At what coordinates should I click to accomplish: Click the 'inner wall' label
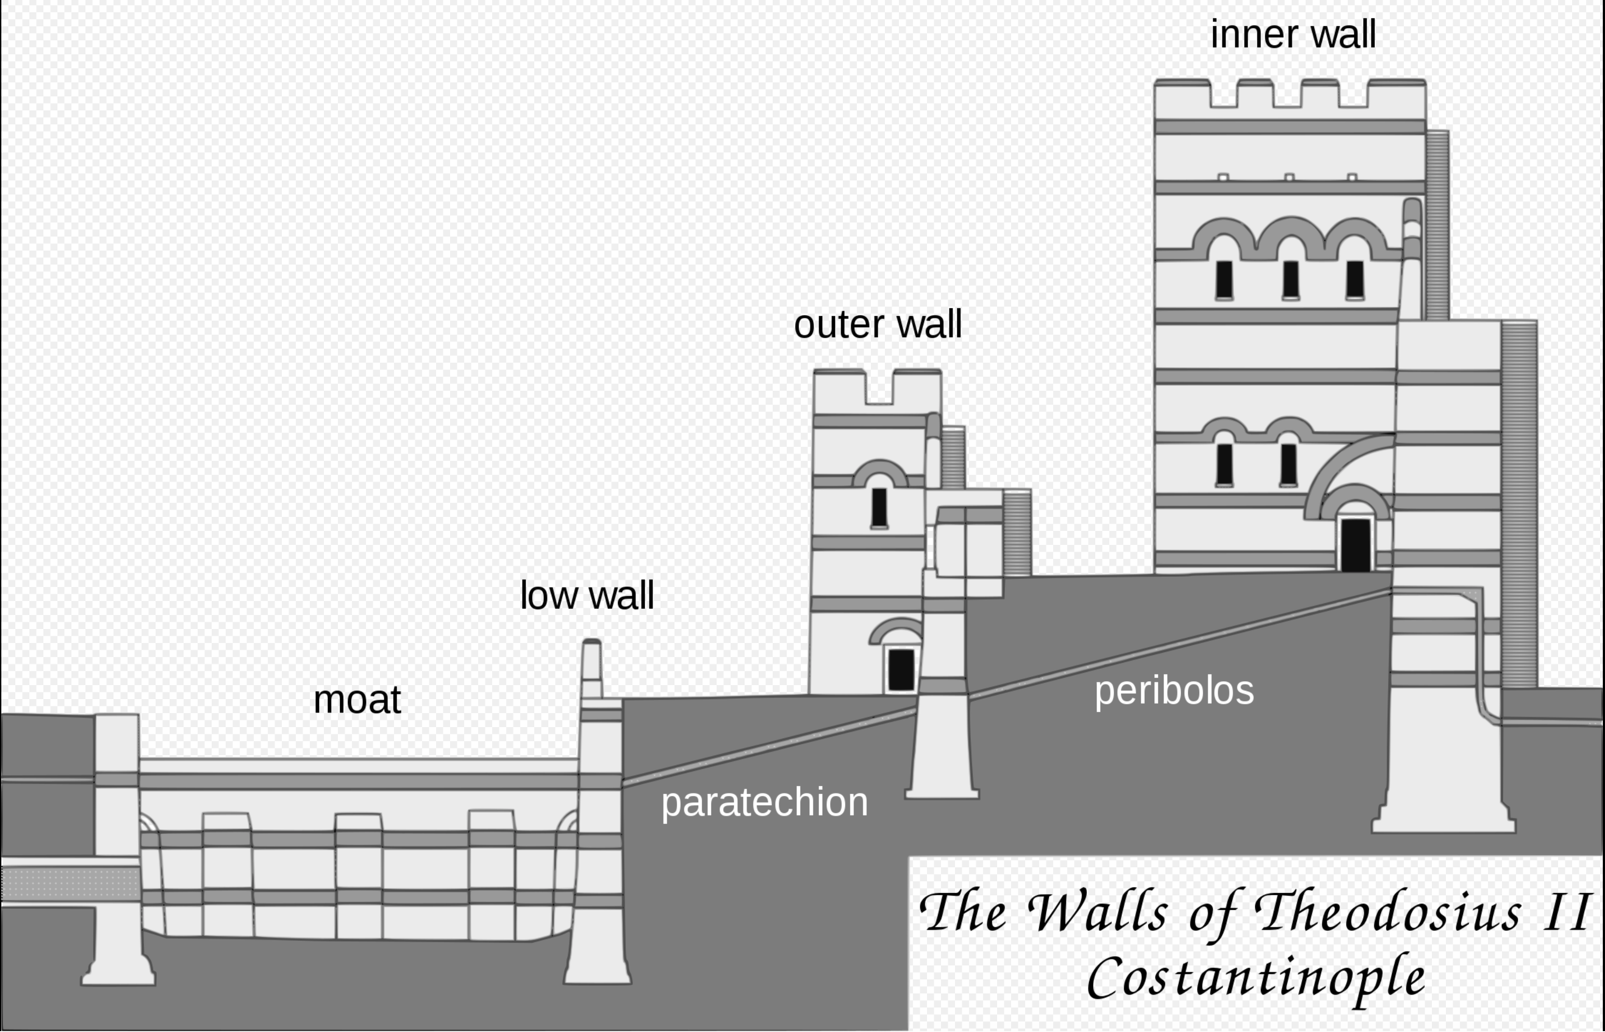[1293, 35]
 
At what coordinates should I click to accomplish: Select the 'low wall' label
[586, 595]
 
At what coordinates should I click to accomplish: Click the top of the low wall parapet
[591, 643]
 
